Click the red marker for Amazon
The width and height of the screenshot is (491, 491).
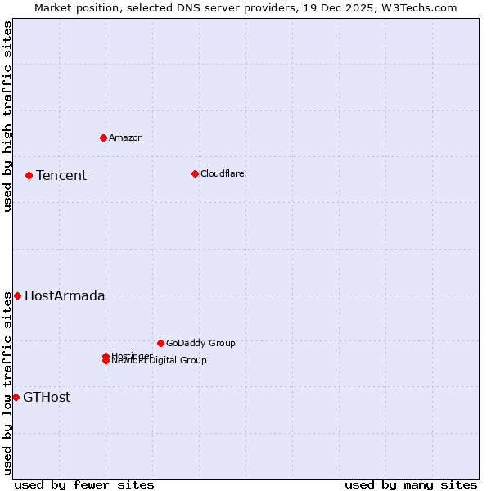[103, 137]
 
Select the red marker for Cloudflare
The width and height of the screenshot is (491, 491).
[195, 173]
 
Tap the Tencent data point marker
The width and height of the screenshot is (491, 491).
[29, 175]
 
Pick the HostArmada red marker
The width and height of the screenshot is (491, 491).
[17, 295]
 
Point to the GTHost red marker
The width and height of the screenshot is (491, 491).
[16, 397]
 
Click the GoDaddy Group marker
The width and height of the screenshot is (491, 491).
[160, 343]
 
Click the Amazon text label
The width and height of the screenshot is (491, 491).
[126, 137]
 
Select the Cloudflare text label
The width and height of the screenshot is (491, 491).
[223, 173]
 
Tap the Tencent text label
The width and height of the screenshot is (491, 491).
[61, 175]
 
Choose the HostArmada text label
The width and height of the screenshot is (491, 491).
[65, 296]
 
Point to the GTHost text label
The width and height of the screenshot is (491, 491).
[47, 398]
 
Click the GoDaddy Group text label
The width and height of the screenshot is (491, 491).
[200, 343]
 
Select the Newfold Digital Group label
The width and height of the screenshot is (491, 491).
[160, 361]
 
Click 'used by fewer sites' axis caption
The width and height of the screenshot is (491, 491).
[84, 484]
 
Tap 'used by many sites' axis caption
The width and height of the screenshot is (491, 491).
[411, 484]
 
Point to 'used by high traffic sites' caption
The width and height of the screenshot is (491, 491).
[7, 116]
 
